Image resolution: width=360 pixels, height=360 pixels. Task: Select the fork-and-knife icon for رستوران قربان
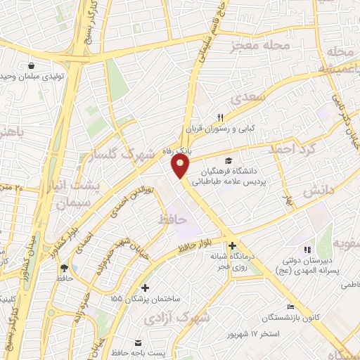220,117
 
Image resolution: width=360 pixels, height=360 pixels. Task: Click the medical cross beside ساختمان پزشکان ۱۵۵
145,287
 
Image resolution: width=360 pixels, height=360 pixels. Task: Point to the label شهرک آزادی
178,319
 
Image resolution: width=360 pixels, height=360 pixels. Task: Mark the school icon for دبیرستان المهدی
306,250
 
